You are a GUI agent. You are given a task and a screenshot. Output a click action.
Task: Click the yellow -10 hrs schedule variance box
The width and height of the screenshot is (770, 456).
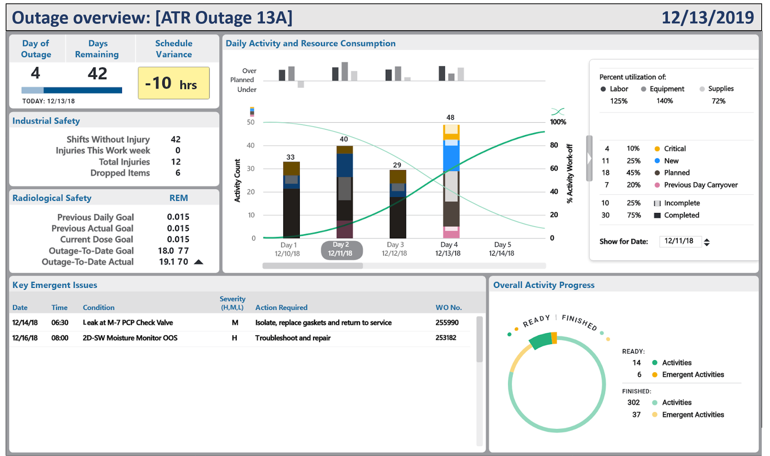[x=174, y=83]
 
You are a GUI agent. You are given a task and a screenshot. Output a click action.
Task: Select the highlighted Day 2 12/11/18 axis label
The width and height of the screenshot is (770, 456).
[x=342, y=249]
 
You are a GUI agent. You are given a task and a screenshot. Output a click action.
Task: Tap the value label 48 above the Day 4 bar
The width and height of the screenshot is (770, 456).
[x=450, y=117]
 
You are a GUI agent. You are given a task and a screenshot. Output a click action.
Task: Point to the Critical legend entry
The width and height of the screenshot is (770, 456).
[x=674, y=148]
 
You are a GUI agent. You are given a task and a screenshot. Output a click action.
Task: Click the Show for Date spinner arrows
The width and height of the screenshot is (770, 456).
[x=706, y=242]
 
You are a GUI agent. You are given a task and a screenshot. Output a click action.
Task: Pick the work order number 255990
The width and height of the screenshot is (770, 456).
[x=447, y=323]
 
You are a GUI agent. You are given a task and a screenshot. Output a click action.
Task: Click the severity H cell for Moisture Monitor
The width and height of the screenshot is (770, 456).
[x=234, y=338]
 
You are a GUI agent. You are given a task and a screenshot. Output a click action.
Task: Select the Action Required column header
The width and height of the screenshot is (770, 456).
[x=281, y=308]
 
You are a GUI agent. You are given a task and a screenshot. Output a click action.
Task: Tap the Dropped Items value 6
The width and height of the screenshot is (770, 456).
[x=178, y=173]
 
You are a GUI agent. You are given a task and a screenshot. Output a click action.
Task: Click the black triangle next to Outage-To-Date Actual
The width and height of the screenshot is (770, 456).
[x=199, y=262]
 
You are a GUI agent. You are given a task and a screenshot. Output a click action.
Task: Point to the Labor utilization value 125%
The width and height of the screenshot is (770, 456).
[x=619, y=101]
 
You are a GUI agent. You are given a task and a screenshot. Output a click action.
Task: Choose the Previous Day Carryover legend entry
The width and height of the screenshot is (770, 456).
[x=700, y=185]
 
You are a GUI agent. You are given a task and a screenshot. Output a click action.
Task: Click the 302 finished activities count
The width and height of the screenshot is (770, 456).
[x=633, y=402]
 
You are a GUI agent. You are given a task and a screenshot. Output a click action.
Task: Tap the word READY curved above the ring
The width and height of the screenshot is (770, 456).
[x=536, y=321]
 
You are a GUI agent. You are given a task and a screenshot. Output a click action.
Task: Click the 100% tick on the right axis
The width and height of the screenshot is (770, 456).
[x=558, y=122]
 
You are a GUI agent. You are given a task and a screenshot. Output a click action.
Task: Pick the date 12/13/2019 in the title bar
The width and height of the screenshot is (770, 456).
[x=707, y=18]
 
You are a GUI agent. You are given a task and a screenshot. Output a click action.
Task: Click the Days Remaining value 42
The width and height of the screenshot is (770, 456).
[x=97, y=73]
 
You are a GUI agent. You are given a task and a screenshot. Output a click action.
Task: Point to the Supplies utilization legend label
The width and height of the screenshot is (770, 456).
[x=720, y=89]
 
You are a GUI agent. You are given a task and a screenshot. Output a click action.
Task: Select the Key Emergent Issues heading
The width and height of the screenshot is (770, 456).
[x=55, y=285]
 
